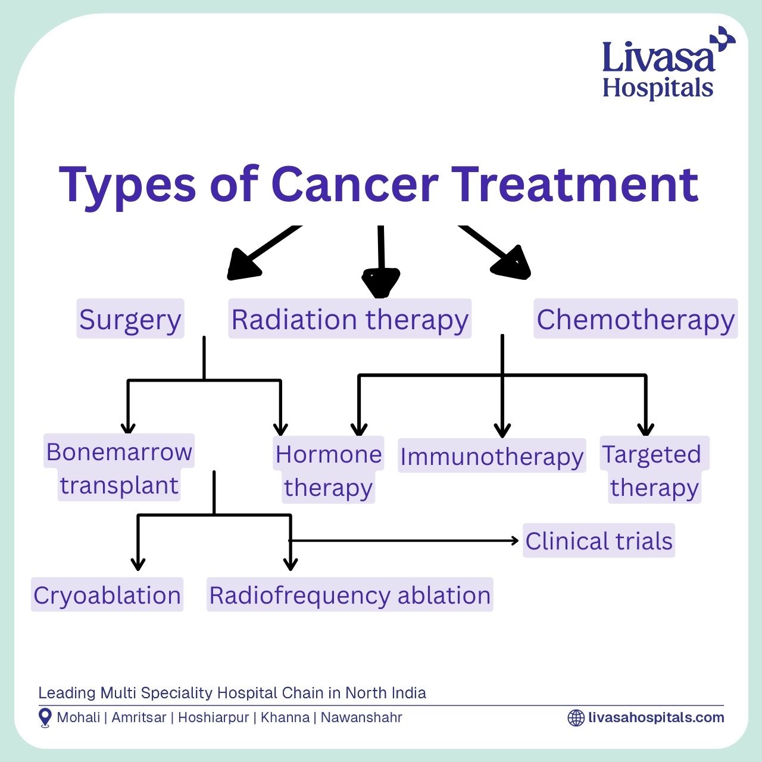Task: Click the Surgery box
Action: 130,318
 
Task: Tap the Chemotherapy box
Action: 635,318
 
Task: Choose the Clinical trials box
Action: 599,541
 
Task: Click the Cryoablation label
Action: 107,595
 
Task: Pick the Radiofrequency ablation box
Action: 349,595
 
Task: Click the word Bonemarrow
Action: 119,452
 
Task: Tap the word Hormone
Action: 329,454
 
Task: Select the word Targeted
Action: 652,455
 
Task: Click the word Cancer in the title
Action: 355,185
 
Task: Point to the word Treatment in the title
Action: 575,185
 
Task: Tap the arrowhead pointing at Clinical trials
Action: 516,541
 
